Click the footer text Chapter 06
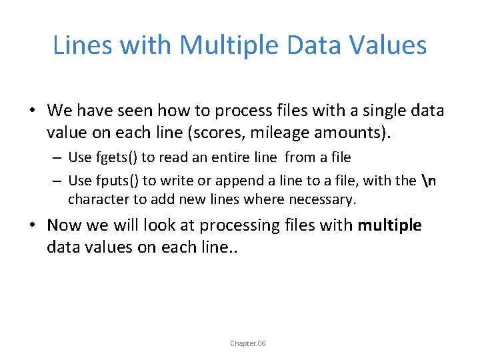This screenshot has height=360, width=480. coord(247,343)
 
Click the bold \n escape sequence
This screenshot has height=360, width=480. coord(430,180)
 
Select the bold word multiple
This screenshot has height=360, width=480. coord(389,225)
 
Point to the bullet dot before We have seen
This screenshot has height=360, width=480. coord(33,111)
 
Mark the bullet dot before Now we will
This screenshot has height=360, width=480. coord(33,225)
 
